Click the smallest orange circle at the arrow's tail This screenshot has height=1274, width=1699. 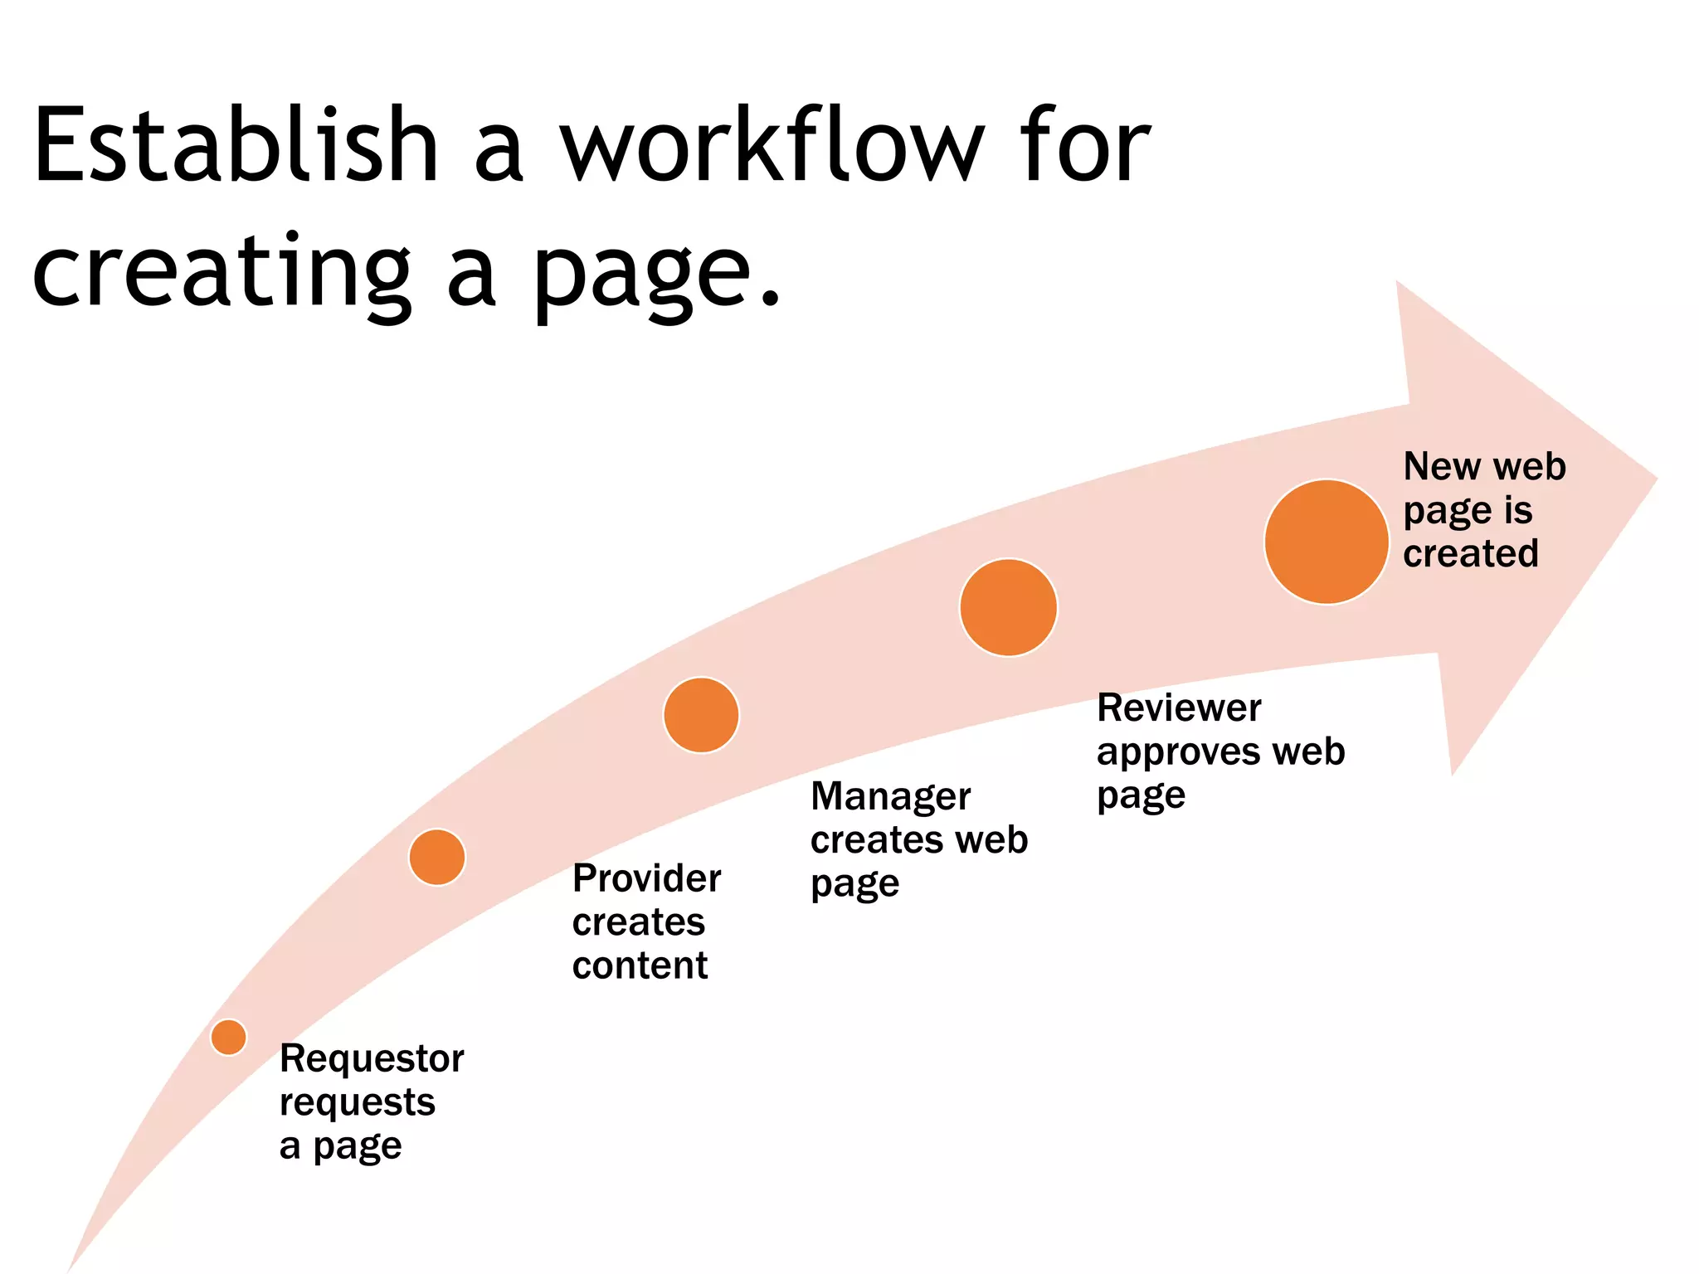click(x=228, y=1037)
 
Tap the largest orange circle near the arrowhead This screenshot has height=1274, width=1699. click(x=1326, y=542)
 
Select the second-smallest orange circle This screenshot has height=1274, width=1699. click(x=437, y=857)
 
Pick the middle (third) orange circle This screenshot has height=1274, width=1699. click(x=701, y=715)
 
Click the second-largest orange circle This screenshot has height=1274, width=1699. click(x=1008, y=607)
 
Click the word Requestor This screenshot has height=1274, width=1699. click(x=372, y=1059)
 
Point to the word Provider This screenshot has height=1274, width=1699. click(x=646, y=878)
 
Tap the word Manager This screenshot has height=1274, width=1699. click(x=890, y=797)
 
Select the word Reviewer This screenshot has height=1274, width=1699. click(x=1178, y=708)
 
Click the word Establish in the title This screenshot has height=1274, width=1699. click(x=235, y=145)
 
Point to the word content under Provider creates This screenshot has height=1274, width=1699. click(x=640, y=965)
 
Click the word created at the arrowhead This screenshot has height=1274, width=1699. click(x=1470, y=553)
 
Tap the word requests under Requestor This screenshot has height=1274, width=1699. click(x=357, y=1103)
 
